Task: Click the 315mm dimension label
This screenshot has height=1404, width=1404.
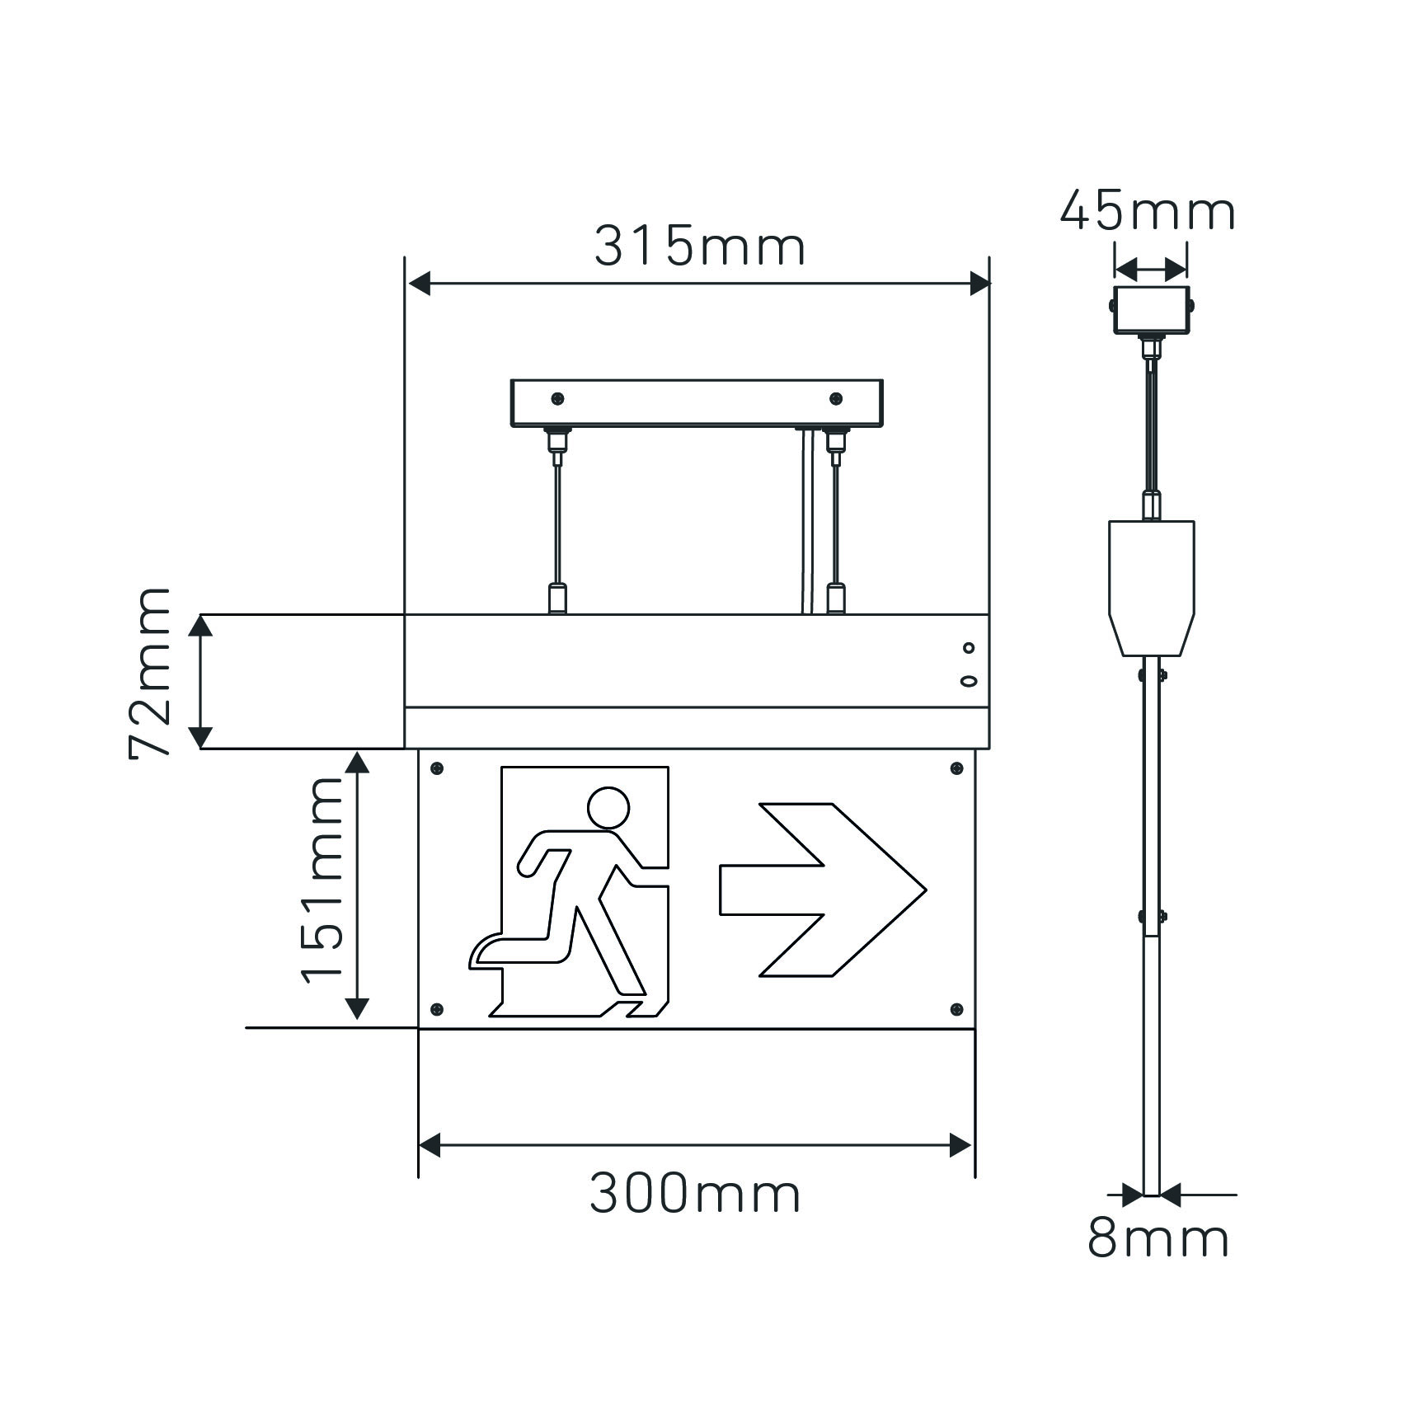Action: [699, 246]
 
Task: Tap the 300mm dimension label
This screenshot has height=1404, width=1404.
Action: [695, 1193]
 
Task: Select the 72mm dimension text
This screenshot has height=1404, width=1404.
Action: [150, 672]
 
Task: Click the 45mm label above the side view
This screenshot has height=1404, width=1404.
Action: [1148, 212]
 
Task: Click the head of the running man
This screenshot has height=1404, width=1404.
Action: [609, 807]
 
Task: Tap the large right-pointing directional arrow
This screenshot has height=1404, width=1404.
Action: [823, 890]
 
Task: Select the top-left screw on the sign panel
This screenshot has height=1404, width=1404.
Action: [437, 768]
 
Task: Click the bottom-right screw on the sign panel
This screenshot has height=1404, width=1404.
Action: [956, 1009]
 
